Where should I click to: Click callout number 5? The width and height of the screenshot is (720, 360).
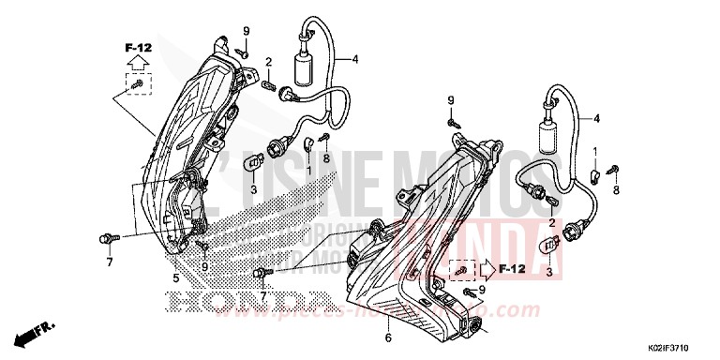(x=176, y=277)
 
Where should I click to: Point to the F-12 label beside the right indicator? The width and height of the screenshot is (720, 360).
(x=511, y=268)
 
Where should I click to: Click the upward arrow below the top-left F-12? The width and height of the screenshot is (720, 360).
(x=136, y=62)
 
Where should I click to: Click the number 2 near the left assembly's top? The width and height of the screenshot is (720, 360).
(x=268, y=62)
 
